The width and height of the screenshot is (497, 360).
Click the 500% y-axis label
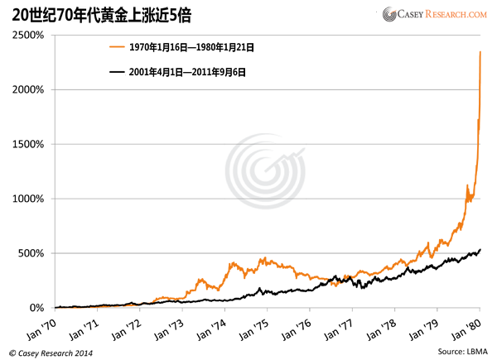(x=35, y=253)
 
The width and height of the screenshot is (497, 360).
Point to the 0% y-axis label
(x=40, y=308)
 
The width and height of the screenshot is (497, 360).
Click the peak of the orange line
(x=480, y=53)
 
